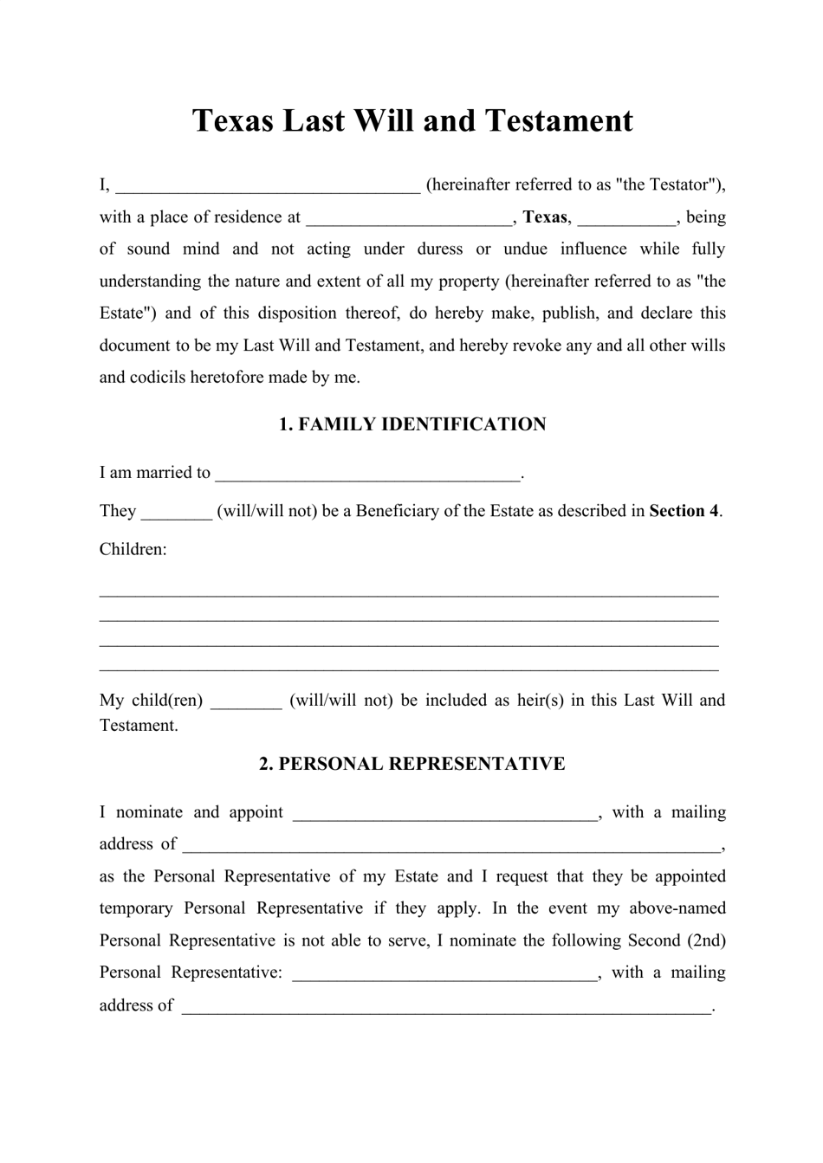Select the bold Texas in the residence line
click(545, 217)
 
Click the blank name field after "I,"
click(268, 186)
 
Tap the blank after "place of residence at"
click(411, 218)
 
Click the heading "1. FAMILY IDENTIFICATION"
click(412, 424)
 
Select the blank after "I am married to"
click(367, 474)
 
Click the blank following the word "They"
click(176, 512)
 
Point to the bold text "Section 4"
click(684, 511)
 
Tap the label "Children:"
click(133, 549)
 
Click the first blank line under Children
click(409, 594)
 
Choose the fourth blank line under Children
click(409, 669)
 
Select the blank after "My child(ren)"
click(246, 701)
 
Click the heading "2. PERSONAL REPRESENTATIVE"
click(412, 764)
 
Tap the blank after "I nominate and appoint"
click(445, 814)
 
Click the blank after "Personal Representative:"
click(445, 974)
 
